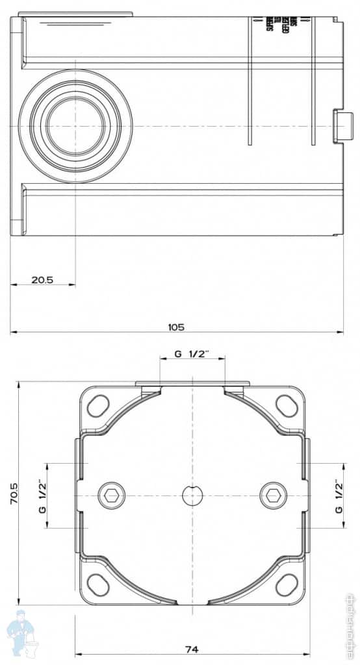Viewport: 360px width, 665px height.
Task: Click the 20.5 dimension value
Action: pos(42,280)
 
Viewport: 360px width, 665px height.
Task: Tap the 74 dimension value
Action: pos(191,648)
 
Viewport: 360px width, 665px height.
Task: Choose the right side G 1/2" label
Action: pos(339,496)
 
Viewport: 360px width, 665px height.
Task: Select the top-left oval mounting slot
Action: pos(97,405)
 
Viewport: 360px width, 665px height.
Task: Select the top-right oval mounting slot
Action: pos(286,405)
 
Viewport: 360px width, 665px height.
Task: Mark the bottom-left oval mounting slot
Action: pos(97,584)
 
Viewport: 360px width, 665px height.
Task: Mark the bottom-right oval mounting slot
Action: pos(286,584)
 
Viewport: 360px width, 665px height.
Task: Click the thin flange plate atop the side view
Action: pos(75,14)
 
